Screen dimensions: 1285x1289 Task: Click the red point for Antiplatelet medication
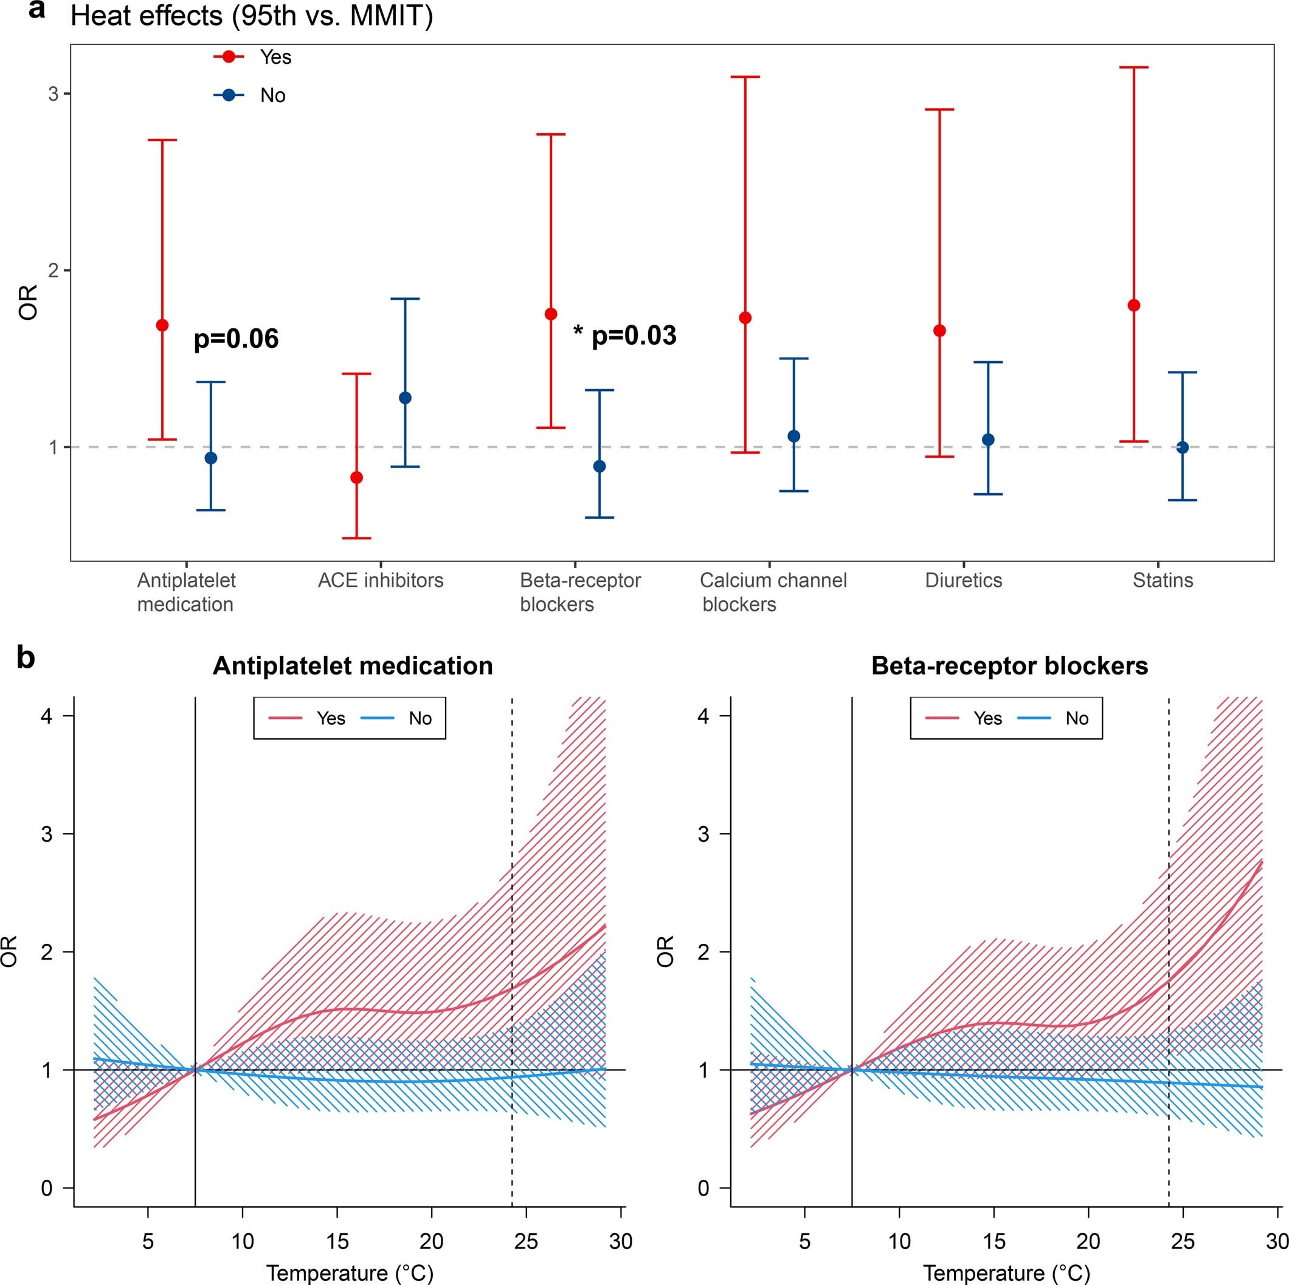coord(162,325)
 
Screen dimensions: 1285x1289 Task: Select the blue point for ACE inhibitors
coord(405,398)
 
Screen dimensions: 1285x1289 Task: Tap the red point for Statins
coord(1133,305)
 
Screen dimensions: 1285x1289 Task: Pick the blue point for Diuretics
coord(988,440)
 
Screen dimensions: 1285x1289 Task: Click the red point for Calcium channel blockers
coord(745,317)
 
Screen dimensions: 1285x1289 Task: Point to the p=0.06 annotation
coord(236,339)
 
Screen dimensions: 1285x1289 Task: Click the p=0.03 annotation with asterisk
coord(625,335)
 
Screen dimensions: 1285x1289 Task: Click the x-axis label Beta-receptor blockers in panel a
coord(580,592)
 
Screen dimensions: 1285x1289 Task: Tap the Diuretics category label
coord(964,580)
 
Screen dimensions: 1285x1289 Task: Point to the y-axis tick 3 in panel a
coord(54,94)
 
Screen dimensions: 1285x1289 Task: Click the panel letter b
coord(26,658)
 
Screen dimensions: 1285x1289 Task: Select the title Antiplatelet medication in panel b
coord(352,666)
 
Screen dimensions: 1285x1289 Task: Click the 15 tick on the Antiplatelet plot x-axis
coord(337,1241)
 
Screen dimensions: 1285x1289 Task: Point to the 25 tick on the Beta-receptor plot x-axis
coord(1184,1241)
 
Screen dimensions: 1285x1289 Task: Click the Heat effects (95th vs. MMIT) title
coord(252,15)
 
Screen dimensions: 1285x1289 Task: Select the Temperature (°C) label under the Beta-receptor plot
coord(1006,1272)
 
